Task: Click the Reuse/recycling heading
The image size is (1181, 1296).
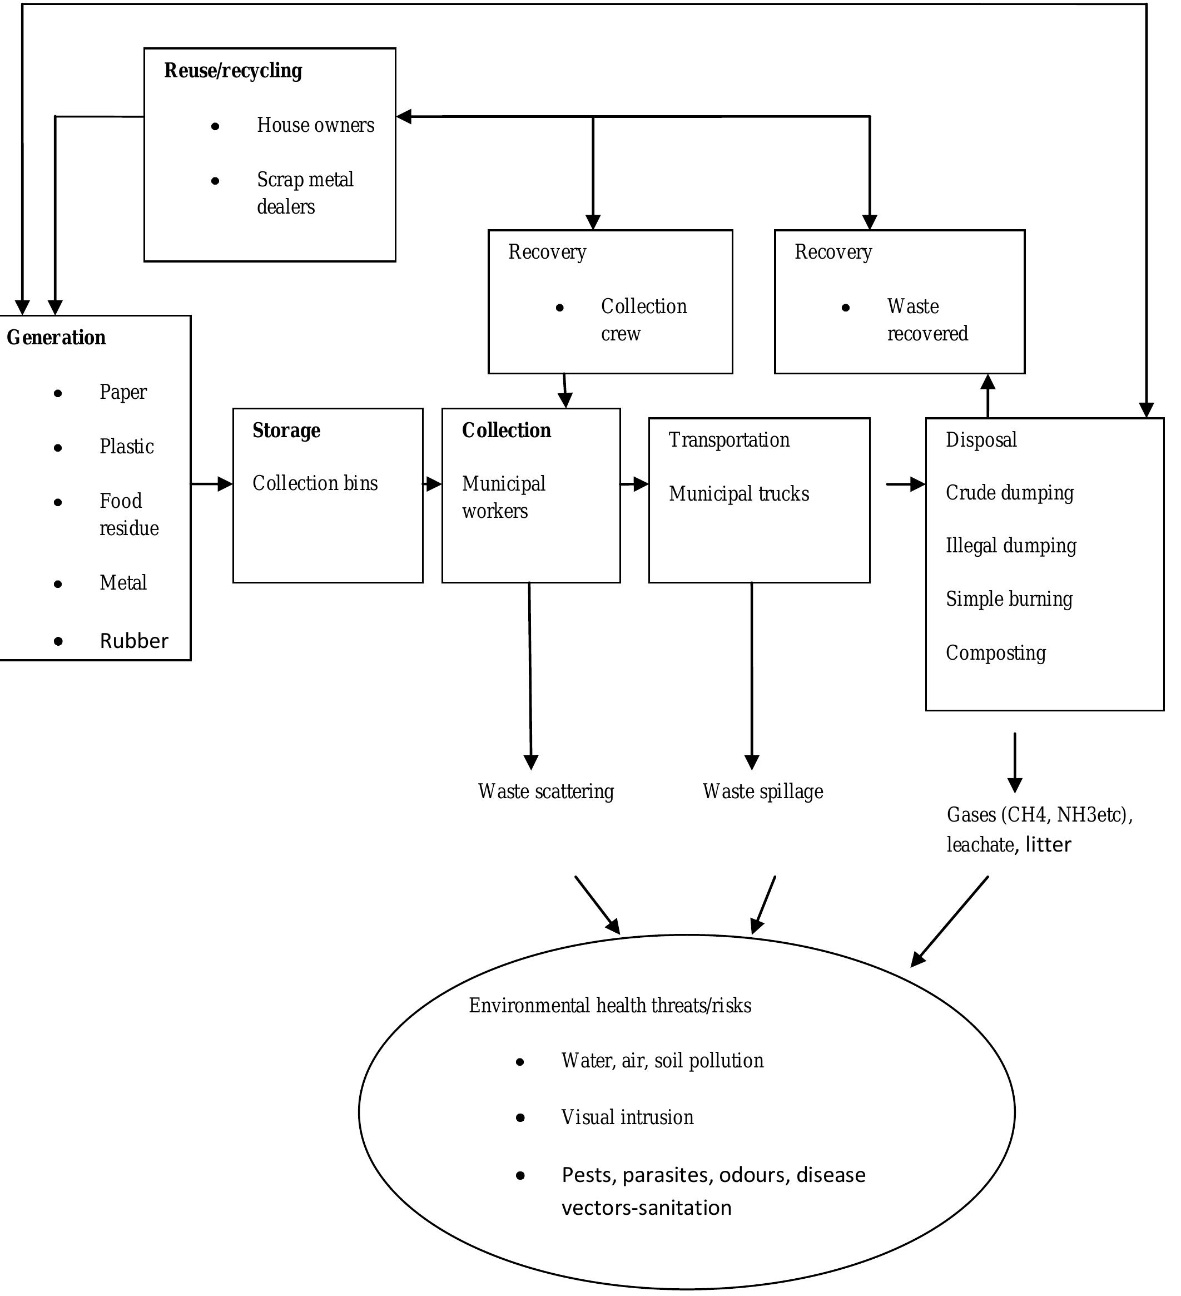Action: [x=232, y=71]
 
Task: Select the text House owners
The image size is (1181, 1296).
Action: [x=315, y=125]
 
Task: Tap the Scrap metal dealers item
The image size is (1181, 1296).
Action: [x=305, y=193]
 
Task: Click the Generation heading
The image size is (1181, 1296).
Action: [x=56, y=338]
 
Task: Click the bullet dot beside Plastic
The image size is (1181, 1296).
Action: [x=58, y=447]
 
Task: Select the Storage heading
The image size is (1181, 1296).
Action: [x=286, y=430]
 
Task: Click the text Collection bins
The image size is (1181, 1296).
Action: [x=315, y=483]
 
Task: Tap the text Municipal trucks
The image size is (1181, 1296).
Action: [x=738, y=494]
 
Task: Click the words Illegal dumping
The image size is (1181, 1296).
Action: [x=1010, y=546]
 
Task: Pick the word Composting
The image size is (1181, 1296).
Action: [x=995, y=653]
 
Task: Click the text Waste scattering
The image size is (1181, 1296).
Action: [x=545, y=792]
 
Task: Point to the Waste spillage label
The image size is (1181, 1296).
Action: [x=762, y=792]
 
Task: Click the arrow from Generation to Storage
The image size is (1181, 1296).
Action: [x=212, y=483]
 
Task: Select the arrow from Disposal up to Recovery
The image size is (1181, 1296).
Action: [x=988, y=396]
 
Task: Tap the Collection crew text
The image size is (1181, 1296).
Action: [x=643, y=319]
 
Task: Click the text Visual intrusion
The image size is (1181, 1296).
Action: [x=627, y=1117]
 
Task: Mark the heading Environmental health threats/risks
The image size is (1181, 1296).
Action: [x=609, y=1006]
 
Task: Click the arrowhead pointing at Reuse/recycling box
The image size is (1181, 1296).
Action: [x=404, y=117]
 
